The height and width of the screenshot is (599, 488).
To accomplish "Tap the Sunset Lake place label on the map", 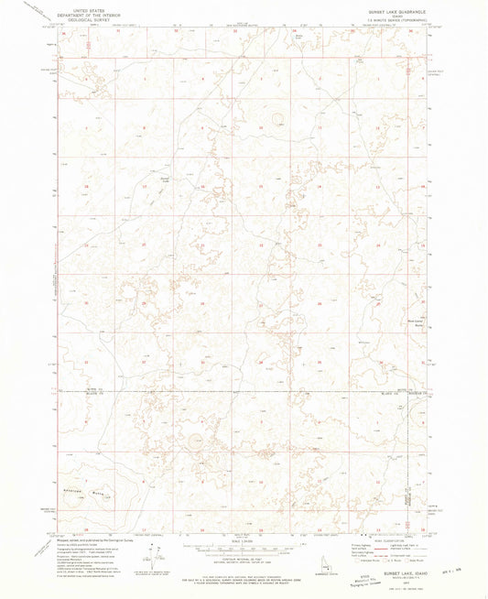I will pos(165,179).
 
